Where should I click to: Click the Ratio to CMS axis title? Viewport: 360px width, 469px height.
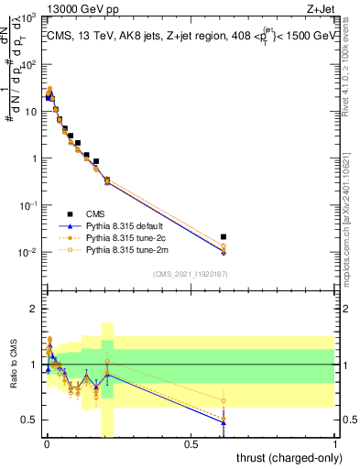[x=14, y=364]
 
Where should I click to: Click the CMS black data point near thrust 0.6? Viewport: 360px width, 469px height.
[x=223, y=236]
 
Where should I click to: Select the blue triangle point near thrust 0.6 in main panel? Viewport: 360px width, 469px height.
[x=223, y=252]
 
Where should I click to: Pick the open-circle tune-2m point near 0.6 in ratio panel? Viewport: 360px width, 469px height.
[x=223, y=400]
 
